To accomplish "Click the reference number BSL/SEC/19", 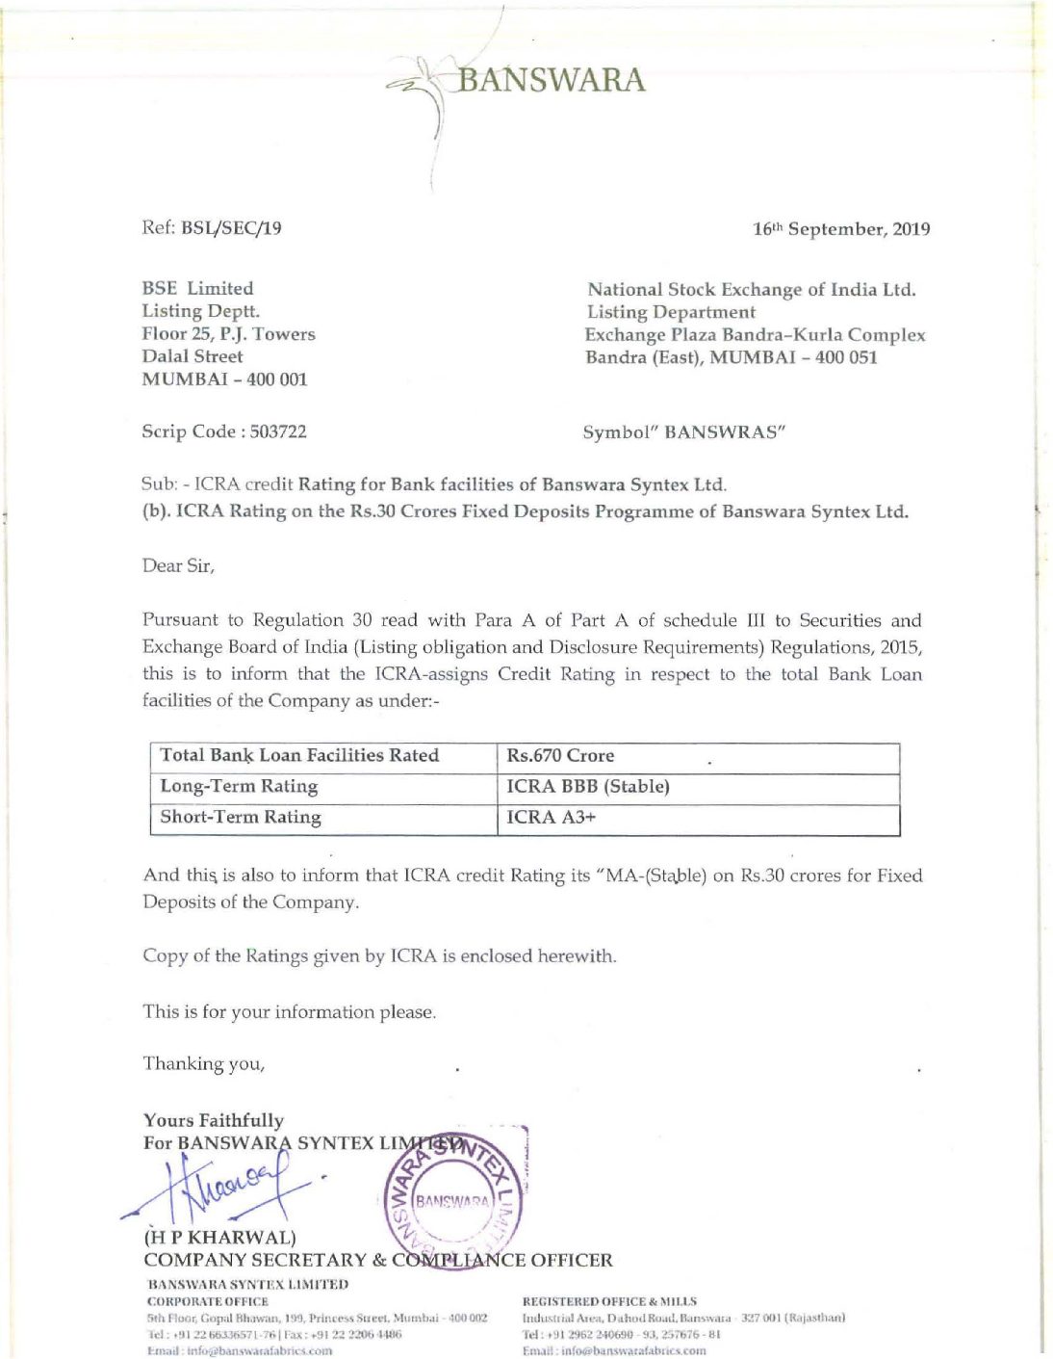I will [x=231, y=228].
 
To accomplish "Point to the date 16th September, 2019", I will [x=840, y=229].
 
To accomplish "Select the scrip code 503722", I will [x=278, y=431].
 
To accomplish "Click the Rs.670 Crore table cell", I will [x=560, y=756].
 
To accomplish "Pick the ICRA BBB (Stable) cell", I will [x=588, y=787].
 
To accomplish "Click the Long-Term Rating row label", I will [x=239, y=787].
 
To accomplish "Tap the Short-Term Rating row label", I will [x=241, y=818].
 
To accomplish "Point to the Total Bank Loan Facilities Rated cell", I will [x=299, y=756].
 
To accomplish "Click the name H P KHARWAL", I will [x=220, y=1238].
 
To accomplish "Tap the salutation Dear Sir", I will [x=178, y=566].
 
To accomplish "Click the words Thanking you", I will [x=203, y=1064].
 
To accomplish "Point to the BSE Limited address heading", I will [x=197, y=289].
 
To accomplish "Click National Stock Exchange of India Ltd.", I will [x=751, y=290].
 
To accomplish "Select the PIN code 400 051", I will [x=846, y=358].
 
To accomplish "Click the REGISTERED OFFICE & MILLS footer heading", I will [x=609, y=1301].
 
